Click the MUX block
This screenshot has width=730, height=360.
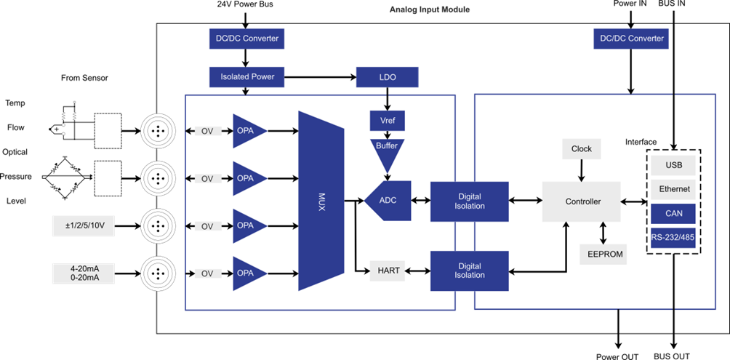(x=321, y=201)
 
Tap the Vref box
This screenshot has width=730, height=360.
(x=387, y=120)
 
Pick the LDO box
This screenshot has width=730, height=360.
(x=387, y=76)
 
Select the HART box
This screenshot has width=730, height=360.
(x=387, y=271)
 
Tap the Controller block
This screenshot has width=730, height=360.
(x=582, y=201)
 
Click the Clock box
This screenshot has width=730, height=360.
(x=581, y=149)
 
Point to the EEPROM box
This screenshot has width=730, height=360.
(x=602, y=255)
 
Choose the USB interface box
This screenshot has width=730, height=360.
(x=674, y=165)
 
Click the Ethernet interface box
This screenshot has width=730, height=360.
(x=674, y=189)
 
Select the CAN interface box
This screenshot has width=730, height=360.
(x=674, y=213)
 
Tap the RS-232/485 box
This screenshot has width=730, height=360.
(x=674, y=238)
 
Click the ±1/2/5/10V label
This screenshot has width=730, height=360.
(x=83, y=226)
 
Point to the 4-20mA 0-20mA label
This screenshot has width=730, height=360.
(x=83, y=273)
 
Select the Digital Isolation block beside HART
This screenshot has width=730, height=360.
(x=470, y=271)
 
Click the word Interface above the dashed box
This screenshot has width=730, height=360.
(x=641, y=142)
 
